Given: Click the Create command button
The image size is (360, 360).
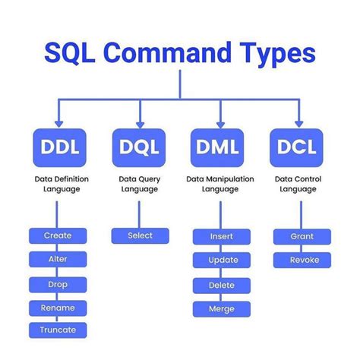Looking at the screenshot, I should (58, 235).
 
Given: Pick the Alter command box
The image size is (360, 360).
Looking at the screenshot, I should (58, 260).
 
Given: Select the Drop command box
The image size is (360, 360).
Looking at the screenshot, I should (58, 284).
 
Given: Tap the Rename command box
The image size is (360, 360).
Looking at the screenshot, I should (58, 308).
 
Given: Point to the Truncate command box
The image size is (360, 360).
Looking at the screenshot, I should (58, 330).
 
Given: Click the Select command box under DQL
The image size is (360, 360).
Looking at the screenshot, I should (140, 235).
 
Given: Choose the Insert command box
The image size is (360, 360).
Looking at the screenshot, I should (221, 236).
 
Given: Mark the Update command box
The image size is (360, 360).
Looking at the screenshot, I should (221, 261).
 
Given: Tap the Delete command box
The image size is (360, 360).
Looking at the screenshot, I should (221, 285).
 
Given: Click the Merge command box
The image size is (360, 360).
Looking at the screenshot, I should (221, 309).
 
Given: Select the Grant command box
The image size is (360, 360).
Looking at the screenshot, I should (302, 236).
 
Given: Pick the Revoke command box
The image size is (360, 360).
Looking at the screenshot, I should (302, 260).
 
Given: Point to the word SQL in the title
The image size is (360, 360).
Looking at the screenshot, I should (71, 54).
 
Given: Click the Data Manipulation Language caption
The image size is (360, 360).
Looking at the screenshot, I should (220, 184).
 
